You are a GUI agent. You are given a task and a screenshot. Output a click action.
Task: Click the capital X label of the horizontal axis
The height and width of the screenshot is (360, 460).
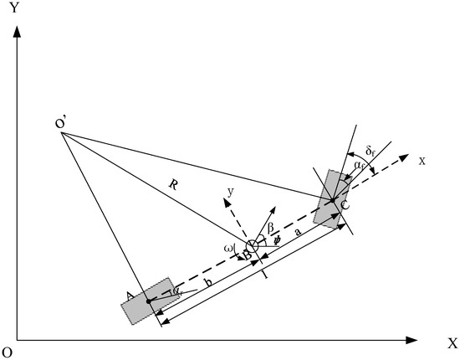pyautogui.click(x=452, y=343)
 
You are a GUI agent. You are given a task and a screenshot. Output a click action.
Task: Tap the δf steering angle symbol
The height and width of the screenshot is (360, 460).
pyautogui.click(x=374, y=152)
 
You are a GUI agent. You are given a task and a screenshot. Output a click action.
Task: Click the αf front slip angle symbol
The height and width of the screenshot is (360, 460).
pyautogui.click(x=358, y=167)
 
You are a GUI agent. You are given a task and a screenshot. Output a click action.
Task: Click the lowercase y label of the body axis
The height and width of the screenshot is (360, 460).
pyautogui.click(x=228, y=192)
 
